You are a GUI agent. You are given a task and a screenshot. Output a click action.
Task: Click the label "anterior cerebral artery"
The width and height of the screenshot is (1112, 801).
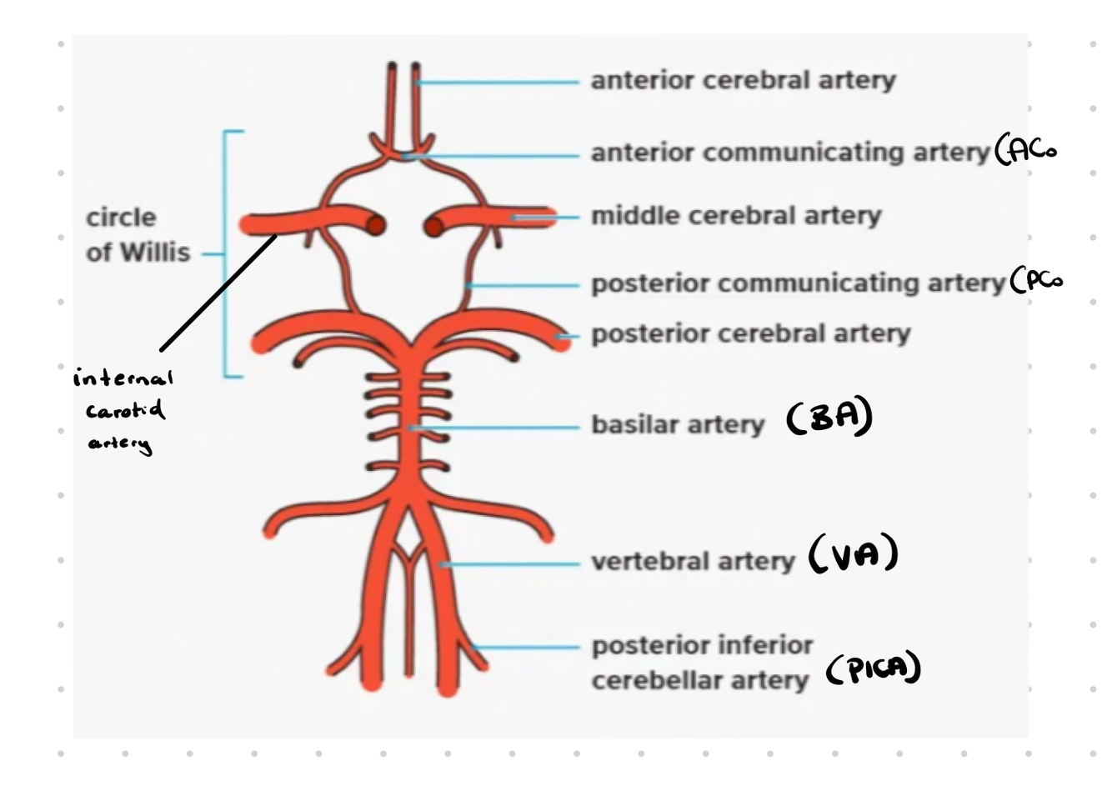743,80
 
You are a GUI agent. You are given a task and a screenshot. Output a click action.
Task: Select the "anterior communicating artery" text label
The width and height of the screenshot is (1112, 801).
789,153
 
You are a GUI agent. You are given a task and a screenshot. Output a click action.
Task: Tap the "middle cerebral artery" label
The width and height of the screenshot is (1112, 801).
735,216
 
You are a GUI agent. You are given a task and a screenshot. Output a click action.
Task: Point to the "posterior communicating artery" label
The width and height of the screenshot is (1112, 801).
798,283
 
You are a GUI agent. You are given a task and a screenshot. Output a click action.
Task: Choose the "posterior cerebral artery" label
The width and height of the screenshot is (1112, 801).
750,333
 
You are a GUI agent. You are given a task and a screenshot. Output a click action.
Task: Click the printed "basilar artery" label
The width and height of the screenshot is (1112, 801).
678,424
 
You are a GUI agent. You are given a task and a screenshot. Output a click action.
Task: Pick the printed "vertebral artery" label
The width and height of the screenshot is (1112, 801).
693,561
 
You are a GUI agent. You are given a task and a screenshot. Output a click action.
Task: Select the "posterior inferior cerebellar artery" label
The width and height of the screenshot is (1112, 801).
701,663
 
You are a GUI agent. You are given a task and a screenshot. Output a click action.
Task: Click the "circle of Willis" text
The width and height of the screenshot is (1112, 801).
138,235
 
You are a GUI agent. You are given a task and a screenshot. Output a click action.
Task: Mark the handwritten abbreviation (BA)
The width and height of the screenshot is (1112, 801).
829,416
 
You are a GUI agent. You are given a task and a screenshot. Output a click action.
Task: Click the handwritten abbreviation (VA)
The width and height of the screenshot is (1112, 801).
853,554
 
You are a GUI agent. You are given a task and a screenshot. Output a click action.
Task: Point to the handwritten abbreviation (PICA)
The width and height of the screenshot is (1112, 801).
874,668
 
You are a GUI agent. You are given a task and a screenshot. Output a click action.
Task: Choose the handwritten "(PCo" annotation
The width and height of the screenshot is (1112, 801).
1036,281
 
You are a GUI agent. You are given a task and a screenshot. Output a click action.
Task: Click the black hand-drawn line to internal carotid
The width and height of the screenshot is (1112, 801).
218,293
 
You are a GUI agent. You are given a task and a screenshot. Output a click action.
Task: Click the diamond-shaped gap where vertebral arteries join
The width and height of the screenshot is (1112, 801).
408,533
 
